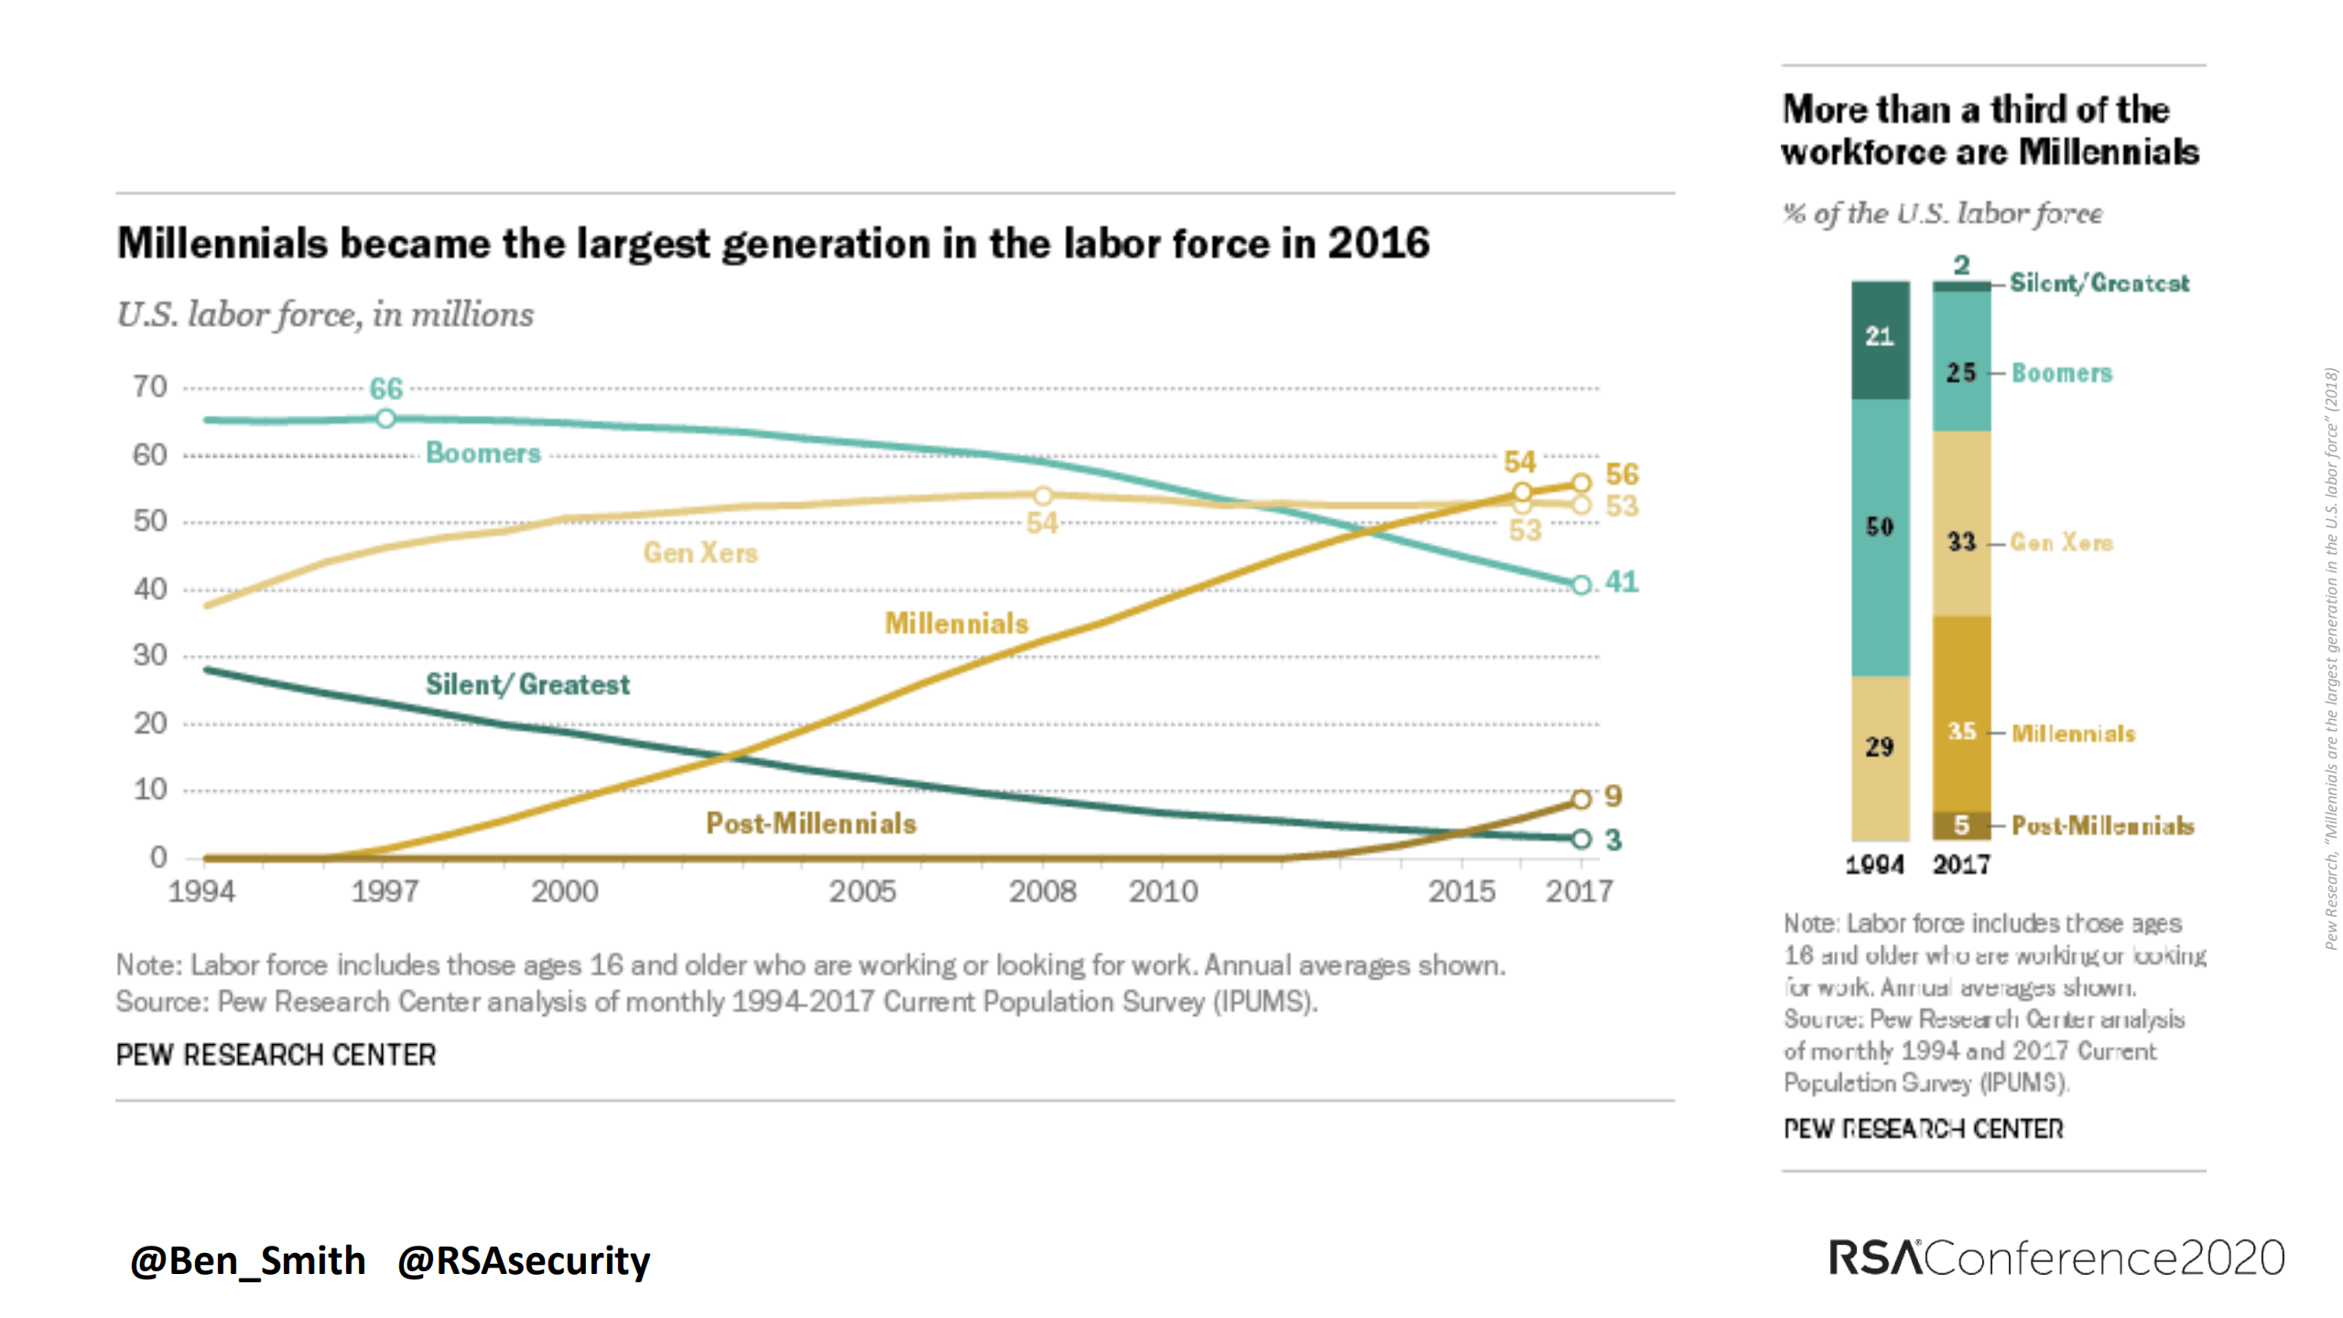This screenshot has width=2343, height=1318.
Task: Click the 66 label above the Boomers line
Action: pos(385,388)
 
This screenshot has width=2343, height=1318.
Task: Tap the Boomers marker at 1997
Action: pos(385,419)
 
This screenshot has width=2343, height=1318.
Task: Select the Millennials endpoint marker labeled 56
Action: pos(1581,483)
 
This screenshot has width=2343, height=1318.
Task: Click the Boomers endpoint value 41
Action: pos(1622,582)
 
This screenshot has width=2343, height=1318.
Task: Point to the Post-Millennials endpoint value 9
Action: pos(1612,796)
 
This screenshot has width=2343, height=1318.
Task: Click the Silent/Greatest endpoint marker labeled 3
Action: pos(1581,839)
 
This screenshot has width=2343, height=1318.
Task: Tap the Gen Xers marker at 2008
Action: pos(1043,496)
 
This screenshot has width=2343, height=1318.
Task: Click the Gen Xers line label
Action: pos(700,552)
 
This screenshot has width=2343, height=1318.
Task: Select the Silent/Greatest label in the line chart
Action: pos(527,684)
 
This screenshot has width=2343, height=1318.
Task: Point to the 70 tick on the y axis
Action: pos(149,387)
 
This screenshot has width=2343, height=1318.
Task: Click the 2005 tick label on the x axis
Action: pos(862,891)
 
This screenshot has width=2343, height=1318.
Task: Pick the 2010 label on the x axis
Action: pos(1163,891)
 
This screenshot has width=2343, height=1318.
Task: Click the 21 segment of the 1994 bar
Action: pos(1880,337)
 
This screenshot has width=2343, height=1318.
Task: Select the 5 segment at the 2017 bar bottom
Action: pos(1961,825)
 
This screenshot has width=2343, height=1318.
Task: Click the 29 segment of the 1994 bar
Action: pos(1880,747)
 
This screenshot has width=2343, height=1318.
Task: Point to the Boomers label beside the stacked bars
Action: pos(2061,373)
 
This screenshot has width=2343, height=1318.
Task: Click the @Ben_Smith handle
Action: pos(248,1261)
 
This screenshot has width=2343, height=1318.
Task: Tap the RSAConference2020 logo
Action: pos(2056,1258)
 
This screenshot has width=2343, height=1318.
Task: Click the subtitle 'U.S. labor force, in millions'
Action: pos(325,314)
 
